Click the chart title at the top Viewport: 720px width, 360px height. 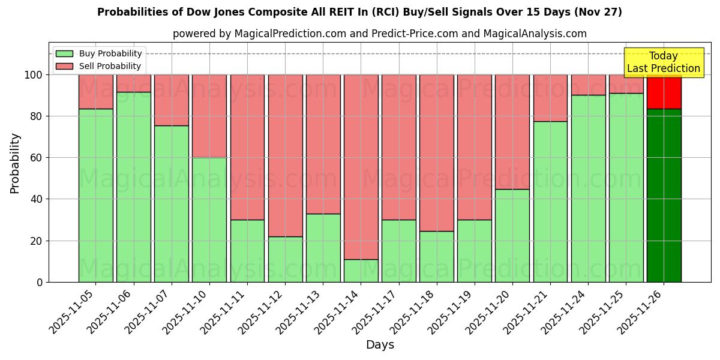click(x=359, y=12)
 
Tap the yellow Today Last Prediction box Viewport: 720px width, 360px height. click(x=664, y=62)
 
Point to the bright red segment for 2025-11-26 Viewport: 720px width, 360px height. click(x=664, y=91)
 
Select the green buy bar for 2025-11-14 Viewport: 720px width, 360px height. click(x=361, y=271)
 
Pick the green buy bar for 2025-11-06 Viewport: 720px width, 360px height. click(x=134, y=187)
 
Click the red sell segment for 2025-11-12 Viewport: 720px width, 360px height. click(x=285, y=155)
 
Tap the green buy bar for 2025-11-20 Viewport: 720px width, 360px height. click(x=512, y=235)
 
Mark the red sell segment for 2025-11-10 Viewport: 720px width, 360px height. click(x=209, y=116)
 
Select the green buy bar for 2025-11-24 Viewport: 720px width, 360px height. click(x=588, y=188)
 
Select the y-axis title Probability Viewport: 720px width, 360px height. click(x=15, y=163)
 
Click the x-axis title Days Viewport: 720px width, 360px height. click(x=380, y=345)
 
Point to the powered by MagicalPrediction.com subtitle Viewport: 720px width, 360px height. click(x=379, y=34)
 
